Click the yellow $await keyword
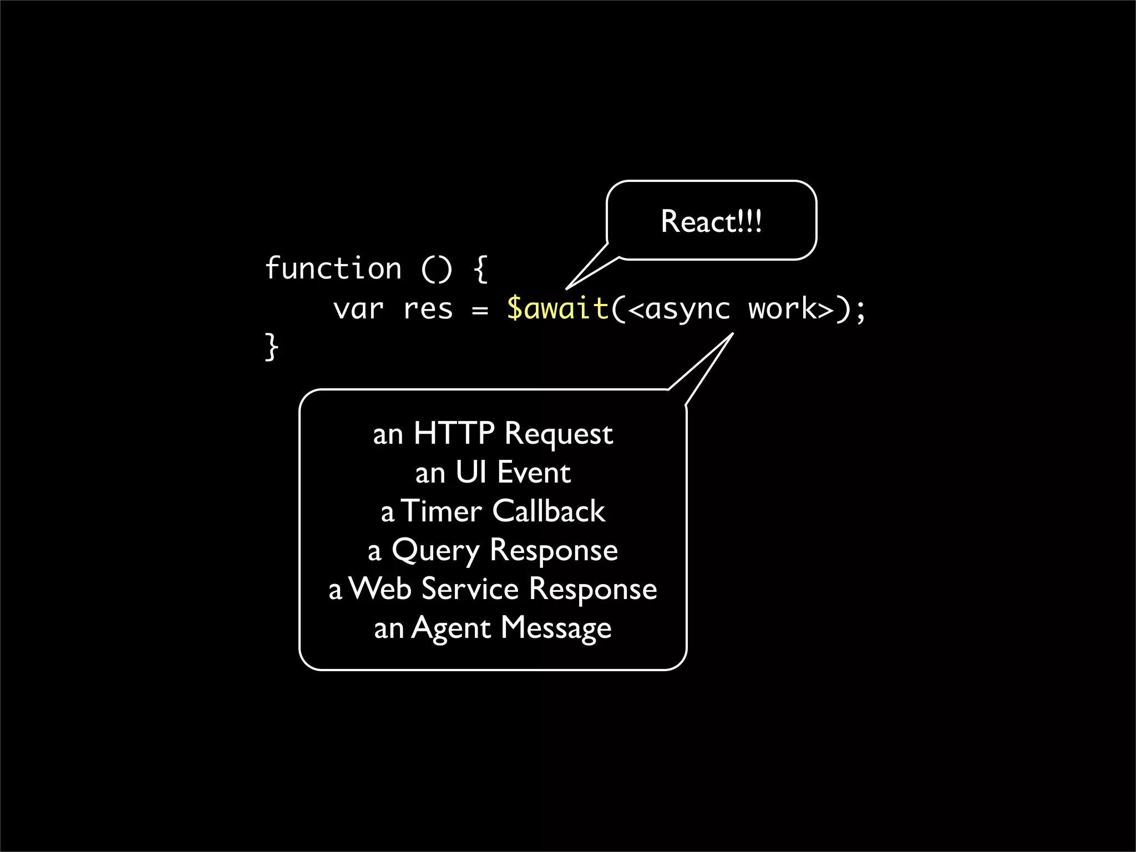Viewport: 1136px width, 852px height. tap(557, 309)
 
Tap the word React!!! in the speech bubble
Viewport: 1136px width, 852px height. tap(711, 222)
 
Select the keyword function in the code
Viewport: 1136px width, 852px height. tap(333, 269)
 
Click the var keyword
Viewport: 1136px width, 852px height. tap(358, 309)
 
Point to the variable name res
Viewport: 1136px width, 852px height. tap(428, 309)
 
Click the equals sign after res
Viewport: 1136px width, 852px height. tap(480, 310)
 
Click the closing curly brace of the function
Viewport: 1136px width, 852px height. tap(271, 347)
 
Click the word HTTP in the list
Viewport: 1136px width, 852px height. tap(454, 433)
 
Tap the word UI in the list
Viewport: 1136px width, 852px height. tap(471, 473)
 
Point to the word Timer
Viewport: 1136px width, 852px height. tap(442, 511)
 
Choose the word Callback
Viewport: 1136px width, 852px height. tap(548, 511)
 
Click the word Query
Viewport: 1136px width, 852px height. tap(435, 551)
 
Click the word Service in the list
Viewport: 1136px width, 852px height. tap(470, 589)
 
